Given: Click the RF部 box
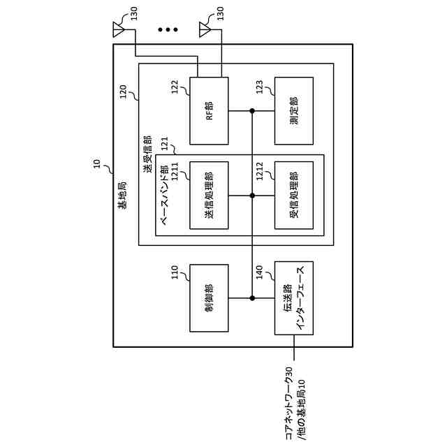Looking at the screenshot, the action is [209, 110].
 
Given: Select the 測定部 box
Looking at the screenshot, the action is [294, 110].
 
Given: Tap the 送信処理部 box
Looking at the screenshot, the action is [209, 196].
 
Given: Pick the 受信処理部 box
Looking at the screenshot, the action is [294, 196].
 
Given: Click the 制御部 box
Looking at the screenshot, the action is [209, 298].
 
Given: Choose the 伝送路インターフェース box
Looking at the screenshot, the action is [294, 298].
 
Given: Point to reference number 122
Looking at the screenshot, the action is [175, 87].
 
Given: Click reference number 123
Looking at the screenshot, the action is [259, 87].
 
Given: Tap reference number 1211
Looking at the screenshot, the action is [175, 171].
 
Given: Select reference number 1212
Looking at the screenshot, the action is [259, 171].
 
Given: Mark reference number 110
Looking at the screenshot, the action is [175, 272].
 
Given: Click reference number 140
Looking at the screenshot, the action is [259, 272].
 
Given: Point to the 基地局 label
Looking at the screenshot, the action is [123, 196].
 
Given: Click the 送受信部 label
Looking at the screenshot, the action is [147, 154].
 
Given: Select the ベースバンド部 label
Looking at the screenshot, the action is [164, 195].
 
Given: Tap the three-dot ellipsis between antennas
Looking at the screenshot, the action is [168, 29].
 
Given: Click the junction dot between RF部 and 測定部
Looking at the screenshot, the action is [252, 110].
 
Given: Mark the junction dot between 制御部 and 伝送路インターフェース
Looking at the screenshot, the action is [252, 298].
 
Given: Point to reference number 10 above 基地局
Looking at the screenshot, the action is [97, 163].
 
